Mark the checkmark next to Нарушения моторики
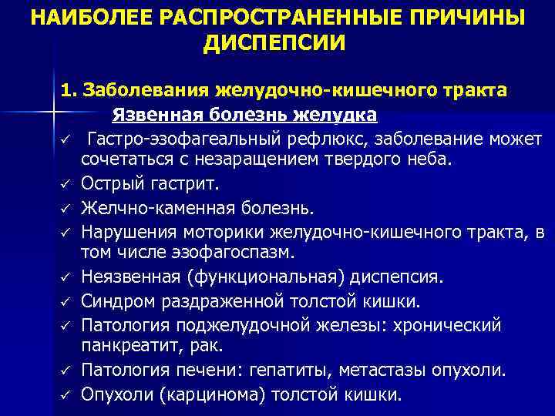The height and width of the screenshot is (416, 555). [x=67, y=232]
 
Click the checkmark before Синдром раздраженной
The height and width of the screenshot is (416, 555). [x=67, y=300]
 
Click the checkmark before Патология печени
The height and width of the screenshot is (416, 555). [x=67, y=371]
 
